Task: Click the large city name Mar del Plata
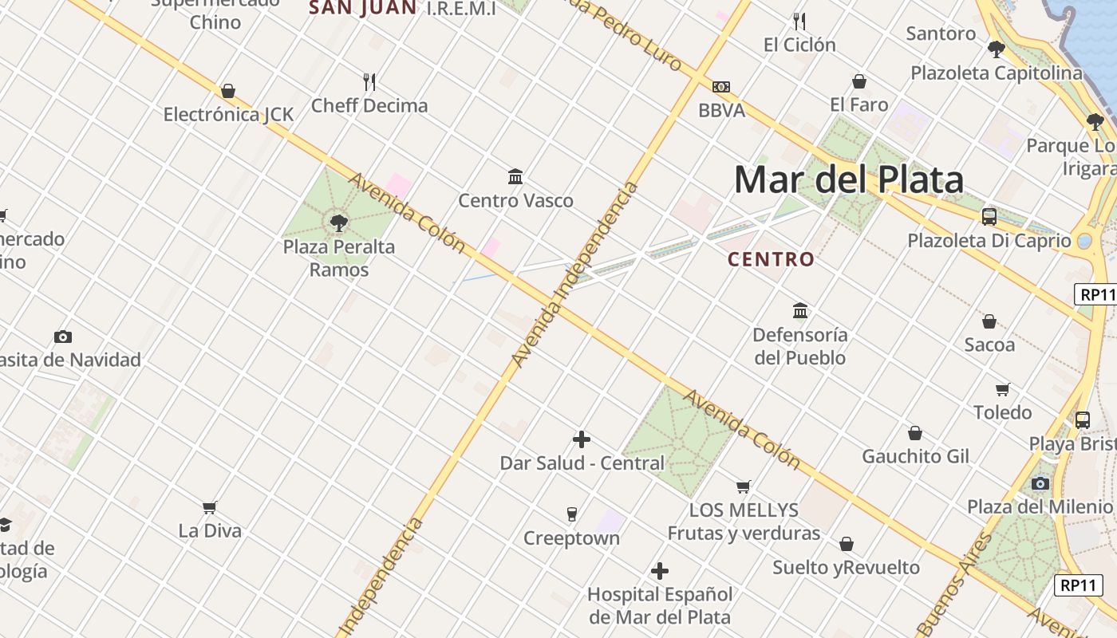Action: pos(848,180)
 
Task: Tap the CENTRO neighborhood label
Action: pos(771,259)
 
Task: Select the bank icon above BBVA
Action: pos(721,87)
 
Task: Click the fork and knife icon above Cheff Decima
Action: pos(369,81)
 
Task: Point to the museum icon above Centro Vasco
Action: pos(515,176)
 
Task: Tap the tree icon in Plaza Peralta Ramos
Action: pos(339,223)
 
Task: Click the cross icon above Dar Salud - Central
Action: pos(582,439)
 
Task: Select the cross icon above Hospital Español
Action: pos(660,571)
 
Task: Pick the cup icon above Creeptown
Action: pos(571,514)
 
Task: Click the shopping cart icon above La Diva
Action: pos(210,507)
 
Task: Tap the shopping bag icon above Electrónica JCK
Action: pos(228,91)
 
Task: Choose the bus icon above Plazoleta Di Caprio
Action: pos(989,216)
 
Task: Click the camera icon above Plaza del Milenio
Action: pos(1040,483)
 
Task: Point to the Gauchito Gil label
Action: pos(915,457)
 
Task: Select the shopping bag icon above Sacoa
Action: pos(989,321)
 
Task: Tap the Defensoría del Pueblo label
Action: pos(799,346)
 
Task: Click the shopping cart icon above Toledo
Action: pos(1003,389)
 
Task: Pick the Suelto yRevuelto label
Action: pos(846,568)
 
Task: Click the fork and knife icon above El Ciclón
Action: pos(799,21)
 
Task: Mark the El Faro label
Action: pos(858,104)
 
